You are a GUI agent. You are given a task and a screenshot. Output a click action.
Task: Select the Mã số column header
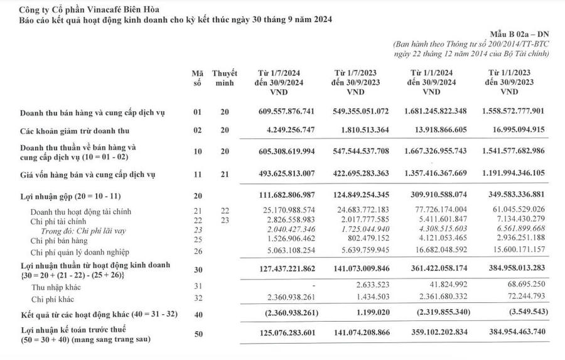[x=197, y=78]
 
